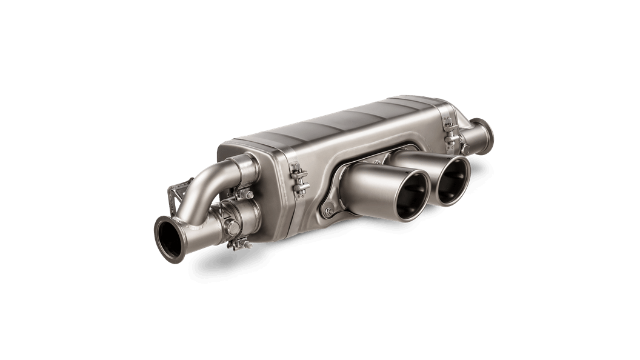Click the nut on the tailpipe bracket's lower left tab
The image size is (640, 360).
(x=328, y=212)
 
